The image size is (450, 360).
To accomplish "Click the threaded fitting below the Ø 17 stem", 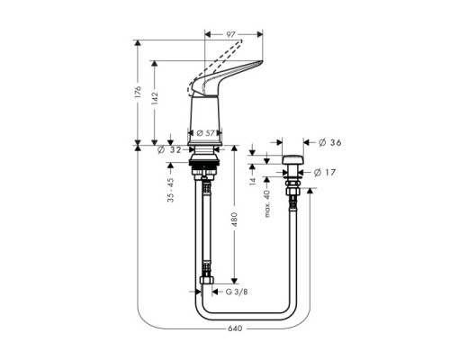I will [x=291, y=191].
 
